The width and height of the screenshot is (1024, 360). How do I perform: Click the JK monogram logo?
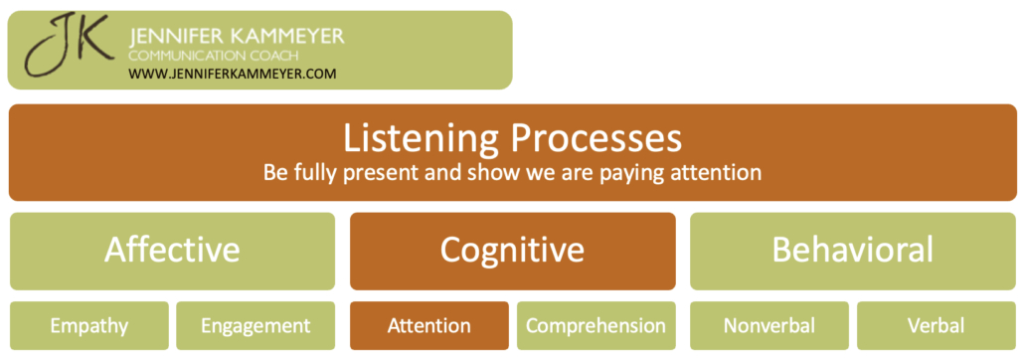tap(67, 49)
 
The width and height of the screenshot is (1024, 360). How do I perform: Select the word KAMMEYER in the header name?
tap(289, 37)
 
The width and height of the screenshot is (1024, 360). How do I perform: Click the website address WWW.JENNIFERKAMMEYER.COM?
tap(233, 74)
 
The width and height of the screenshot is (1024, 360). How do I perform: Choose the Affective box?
tap(172, 250)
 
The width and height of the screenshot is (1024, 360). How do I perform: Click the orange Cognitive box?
tap(512, 250)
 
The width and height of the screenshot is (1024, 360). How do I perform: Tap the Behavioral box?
tap(853, 250)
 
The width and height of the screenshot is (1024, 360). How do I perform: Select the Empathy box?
tap(90, 325)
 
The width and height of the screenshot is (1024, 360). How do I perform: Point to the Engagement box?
tap(256, 325)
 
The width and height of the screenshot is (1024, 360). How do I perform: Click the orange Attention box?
tap(429, 325)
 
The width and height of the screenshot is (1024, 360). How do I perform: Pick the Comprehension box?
tap(596, 325)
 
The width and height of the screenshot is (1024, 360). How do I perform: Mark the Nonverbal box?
tap(769, 325)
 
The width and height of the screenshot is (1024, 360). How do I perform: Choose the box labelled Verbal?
tap(936, 325)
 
